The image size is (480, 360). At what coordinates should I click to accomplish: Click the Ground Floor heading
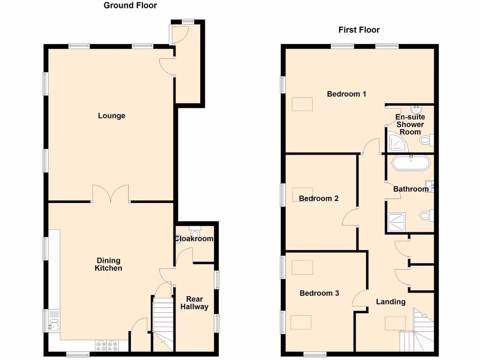pyautogui.click(x=130, y=6)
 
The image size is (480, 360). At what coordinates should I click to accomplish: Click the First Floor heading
pyautogui.click(x=359, y=30)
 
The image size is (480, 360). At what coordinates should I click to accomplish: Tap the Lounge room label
pyautogui.click(x=112, y=116)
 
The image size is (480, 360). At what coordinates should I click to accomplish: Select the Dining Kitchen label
pyautogui.click(x=108, y=264)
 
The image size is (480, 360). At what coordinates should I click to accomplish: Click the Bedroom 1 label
pyautogui.click(x=346, y=94)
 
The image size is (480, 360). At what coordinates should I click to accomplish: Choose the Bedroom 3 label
pyautogui.click(x=319, y=293)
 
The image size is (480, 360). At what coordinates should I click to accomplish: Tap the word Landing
pyautogui.click(x=390, y=301)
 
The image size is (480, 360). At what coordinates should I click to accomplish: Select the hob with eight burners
pyautogui.click(x=107, y=345)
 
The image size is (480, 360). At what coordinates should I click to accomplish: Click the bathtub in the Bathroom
pyautogui.click(x=411, y=163)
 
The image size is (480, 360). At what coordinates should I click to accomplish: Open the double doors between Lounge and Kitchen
pyautogui.click(x=111, y=195)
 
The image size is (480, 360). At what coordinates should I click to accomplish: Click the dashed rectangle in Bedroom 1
pyautogui.click(x=301, y=104)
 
